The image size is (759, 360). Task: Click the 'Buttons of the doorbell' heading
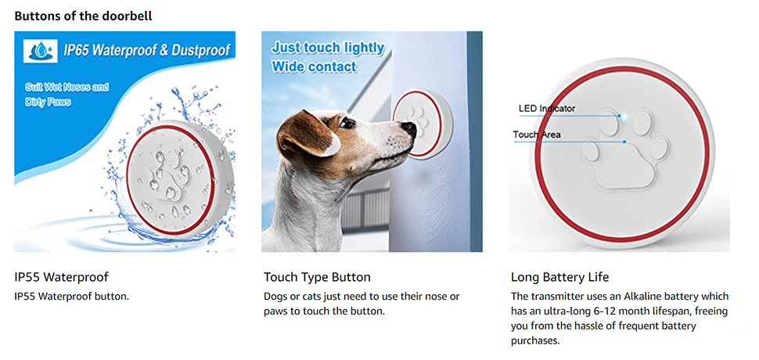coord(83,16)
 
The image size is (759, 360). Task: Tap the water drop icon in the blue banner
coord(41,51)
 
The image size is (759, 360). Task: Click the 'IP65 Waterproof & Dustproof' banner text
coord(146,50)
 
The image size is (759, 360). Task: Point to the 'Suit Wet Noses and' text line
coord(67,88)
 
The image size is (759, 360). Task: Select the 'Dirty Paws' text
coord(48,103)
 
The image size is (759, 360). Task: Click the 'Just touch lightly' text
coord(328,48)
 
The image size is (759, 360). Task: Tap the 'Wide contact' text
coord(314,67)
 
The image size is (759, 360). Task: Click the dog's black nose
coord(409,128)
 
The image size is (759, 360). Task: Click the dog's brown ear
coord(304,133)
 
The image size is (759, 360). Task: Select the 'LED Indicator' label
coord(547,108)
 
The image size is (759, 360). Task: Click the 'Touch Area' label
coord(537,135)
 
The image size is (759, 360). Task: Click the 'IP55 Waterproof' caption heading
coord(62,277)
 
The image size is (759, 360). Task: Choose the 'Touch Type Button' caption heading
coord(317,277)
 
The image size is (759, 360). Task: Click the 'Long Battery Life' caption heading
coord(560,277)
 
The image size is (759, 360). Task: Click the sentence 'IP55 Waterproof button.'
coord(72,296)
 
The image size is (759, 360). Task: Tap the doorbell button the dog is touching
coord(423,125)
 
